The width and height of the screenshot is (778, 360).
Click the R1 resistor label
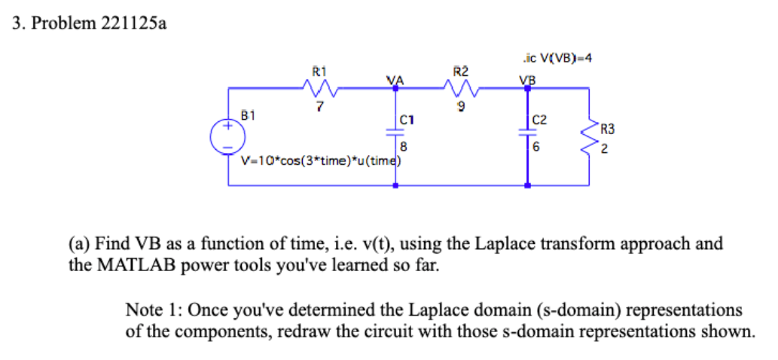tap(319, 72)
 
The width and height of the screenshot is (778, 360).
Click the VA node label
tap(395, 80)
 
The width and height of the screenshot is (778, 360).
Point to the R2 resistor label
tap(461, 72)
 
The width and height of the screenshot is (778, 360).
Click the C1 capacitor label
tap(407, 119)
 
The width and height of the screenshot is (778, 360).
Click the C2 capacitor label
tap(539, 119)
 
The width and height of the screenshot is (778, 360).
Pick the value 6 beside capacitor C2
tap(536, 148)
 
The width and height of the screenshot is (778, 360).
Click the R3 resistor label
tap(608, 129)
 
